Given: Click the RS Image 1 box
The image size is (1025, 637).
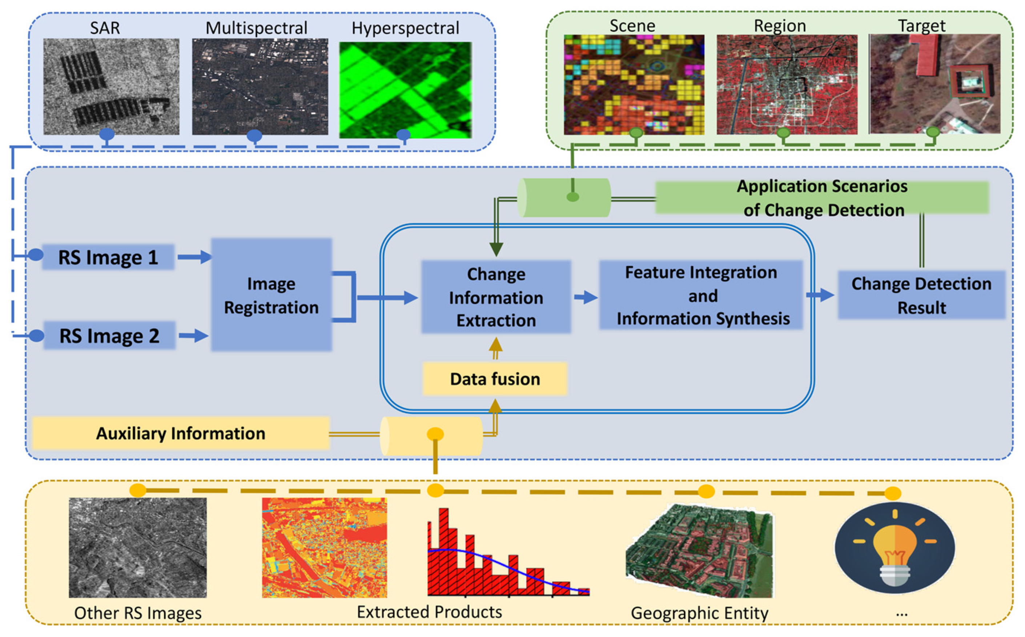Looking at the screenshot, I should (x=108, y=257).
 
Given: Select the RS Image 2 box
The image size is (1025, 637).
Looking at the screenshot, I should (x=109, y=336).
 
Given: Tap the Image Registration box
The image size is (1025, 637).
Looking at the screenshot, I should (x=271, y=295).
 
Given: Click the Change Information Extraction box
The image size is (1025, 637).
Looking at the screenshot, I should (x=496, y=297).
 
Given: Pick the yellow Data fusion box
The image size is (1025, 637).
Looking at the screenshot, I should (x=495, y=379).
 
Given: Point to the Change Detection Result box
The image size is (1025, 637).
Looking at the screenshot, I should (x=921, y=295).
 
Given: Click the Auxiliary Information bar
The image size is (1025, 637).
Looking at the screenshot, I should (x=181, y=433).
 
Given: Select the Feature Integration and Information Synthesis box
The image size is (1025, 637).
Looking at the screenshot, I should (x=701, y=295).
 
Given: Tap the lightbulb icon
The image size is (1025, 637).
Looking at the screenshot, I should (x=895, y=548).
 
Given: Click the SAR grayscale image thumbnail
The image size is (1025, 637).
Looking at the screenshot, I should (x=111, y=86).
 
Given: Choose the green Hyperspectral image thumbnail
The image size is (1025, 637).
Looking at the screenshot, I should (x=405, y=89).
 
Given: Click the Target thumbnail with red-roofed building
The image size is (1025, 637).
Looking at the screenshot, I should (x=934, y=84).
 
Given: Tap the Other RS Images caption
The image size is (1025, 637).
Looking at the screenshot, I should (x=138, y=613).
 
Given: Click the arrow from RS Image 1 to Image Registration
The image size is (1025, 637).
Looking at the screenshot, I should (x=194, y=257).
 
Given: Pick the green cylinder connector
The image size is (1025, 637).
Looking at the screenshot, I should (x=564, y=198).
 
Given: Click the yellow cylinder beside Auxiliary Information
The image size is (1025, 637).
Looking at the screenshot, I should (x=431, y=436).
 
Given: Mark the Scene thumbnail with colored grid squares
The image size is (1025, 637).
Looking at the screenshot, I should (x=634, y=84).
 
